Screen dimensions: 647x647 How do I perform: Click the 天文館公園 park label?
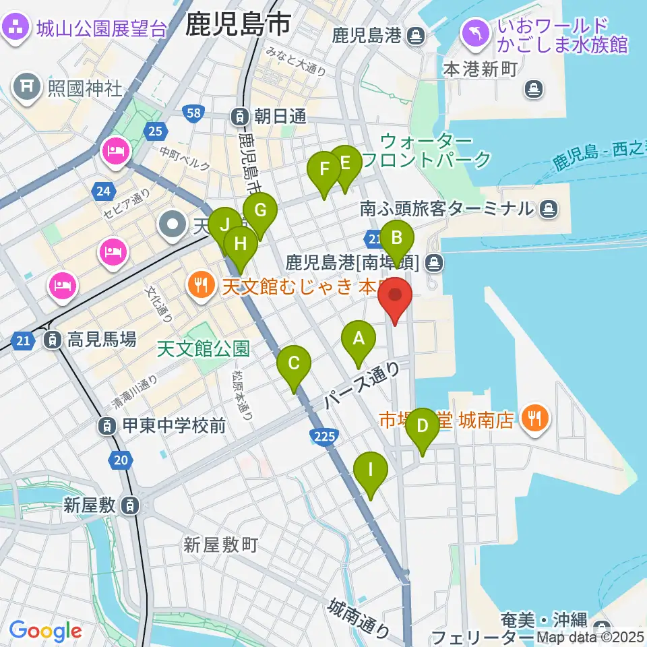pos(203,348)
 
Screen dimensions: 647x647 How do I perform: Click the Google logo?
pos(45,631)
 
